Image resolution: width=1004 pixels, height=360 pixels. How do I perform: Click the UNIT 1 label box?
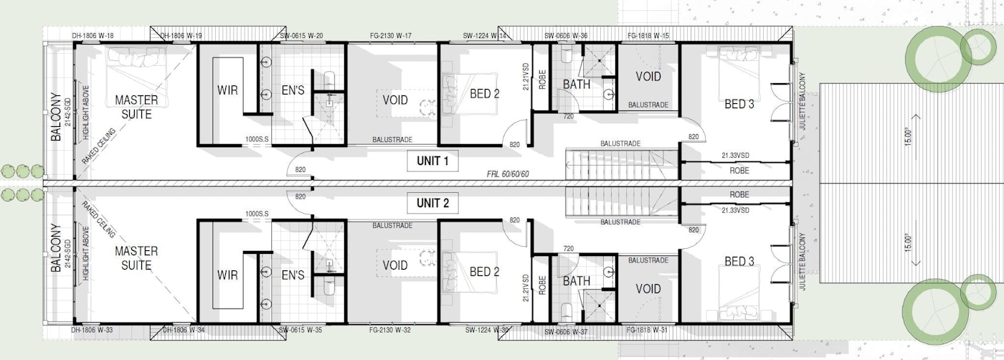click(432, 161)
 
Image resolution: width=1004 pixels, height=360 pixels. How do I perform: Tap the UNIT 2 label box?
click(432, 204)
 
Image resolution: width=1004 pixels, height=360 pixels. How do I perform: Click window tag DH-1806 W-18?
click(93, 35)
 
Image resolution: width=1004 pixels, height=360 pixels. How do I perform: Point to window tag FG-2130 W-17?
click(388, 35)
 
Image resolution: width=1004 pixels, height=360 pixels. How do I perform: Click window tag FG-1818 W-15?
click(648, 35)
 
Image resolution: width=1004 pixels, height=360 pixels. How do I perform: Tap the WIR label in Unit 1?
click(227, 91)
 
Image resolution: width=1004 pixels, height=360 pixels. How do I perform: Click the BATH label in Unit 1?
click(577, 84)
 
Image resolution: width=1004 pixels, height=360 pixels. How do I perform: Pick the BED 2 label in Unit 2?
click(485, 272)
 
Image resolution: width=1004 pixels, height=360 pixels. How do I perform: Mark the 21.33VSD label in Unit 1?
click(735, 154)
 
